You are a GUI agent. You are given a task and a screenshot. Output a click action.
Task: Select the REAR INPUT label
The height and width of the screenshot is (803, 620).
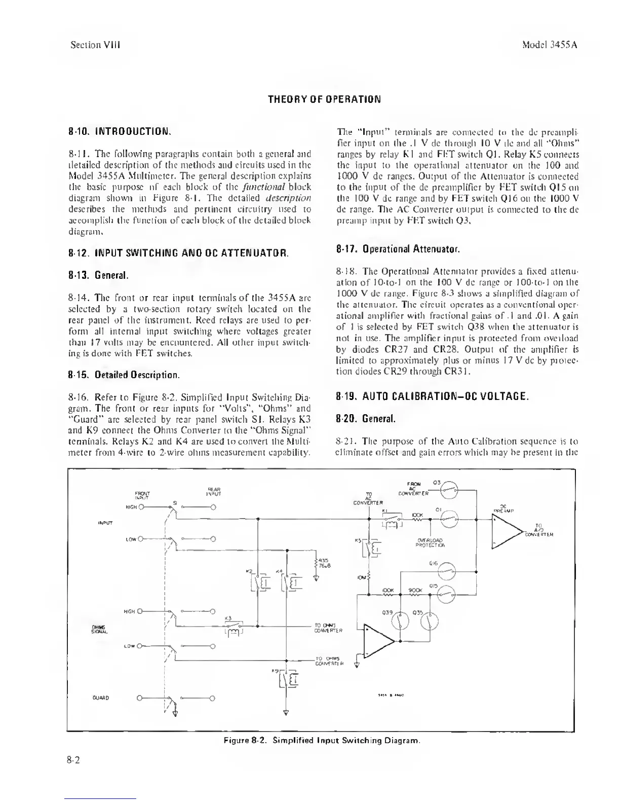pos(213,491)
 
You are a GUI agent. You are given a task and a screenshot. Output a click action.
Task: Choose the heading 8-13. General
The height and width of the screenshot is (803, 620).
pos(98,276)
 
